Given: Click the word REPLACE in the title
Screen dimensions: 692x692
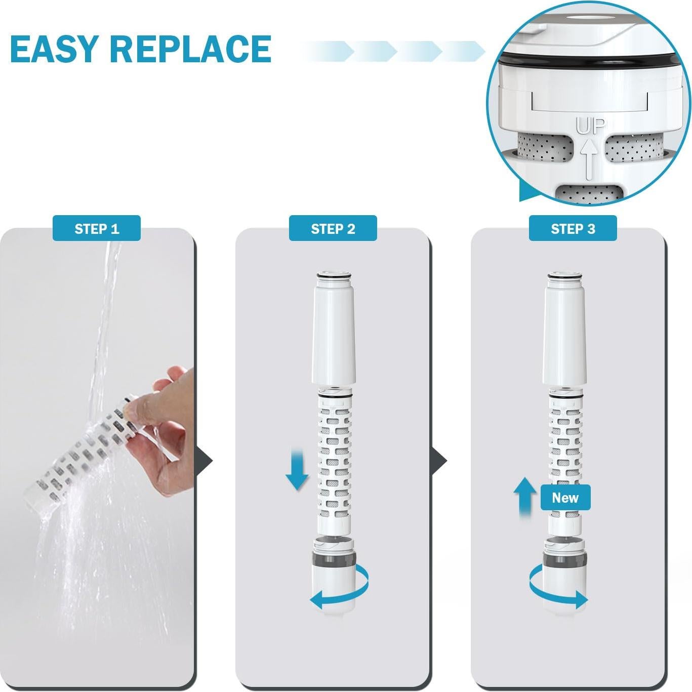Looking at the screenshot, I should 190,49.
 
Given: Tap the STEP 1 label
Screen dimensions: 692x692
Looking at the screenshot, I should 97,229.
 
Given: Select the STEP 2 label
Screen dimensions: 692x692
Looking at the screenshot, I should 333,229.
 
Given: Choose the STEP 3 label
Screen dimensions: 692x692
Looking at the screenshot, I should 573,229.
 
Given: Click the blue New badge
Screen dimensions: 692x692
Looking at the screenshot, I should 565,498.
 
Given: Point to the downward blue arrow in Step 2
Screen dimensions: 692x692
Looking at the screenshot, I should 297,469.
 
